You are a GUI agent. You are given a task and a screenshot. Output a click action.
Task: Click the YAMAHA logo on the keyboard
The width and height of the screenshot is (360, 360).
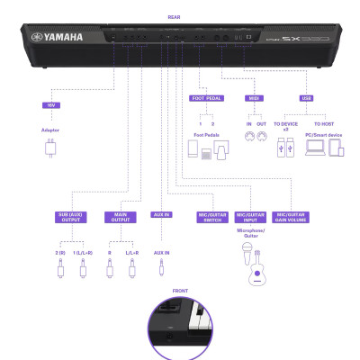[58, 37]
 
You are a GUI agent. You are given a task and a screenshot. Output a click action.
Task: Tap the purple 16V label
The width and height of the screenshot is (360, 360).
[49, 105]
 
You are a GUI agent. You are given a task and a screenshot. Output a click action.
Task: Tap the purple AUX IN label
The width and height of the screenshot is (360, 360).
[162, 215]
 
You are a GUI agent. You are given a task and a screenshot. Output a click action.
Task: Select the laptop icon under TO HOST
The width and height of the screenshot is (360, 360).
[315, 147]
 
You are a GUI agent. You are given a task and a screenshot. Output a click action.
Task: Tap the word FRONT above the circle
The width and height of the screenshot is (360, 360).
[179, 291]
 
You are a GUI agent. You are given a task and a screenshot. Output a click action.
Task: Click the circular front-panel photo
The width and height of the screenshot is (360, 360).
[179, 328]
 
